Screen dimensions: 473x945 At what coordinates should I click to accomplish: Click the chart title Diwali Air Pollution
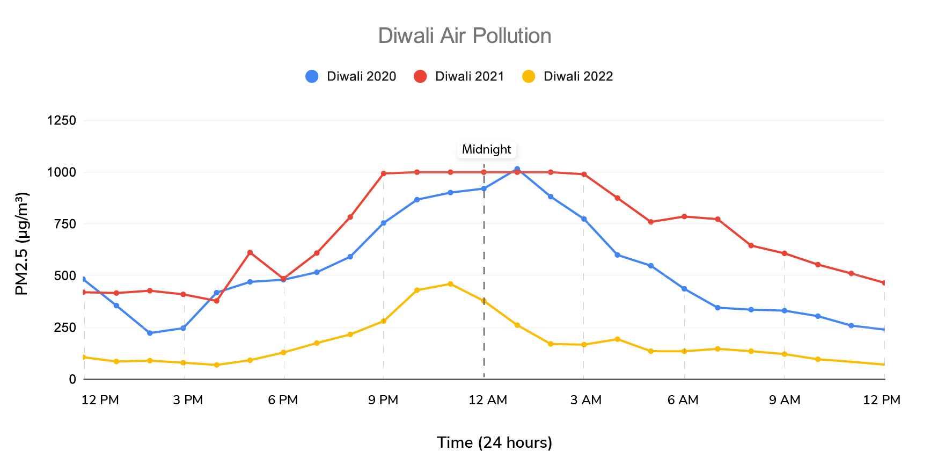click(x=464, y=36)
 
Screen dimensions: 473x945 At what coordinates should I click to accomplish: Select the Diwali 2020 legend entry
click(x=351, y=76)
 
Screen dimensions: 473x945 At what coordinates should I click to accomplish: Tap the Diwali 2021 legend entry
click(x=459, y=76)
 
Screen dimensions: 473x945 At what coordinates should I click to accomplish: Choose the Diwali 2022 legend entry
click(x=568, y=76)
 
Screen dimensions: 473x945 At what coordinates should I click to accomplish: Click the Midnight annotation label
click(x=486, y=149)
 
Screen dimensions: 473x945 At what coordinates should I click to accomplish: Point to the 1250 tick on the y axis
click(x=62, y=120)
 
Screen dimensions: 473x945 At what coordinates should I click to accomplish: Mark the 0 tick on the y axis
click(x=72, y=379)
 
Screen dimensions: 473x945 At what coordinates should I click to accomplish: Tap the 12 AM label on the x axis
click(x=487, y=400)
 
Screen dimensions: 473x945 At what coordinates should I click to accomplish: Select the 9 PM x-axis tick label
click(x=383, y=400)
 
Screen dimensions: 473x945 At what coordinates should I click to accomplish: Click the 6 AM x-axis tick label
click(x=683, y=400)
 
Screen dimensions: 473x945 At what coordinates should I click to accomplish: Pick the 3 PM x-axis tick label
click(x=188, y=400)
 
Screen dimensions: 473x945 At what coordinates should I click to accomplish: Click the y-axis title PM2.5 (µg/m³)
click(x=21, y=244)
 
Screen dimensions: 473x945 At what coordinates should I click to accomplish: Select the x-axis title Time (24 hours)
click(x=494, y=442)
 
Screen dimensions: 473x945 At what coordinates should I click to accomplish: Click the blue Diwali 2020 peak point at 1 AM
click(x=517, y=169)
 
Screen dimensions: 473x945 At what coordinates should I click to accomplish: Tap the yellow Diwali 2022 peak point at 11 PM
click(x=450, y=284)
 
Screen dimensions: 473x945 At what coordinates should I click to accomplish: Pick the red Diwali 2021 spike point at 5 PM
click(x=250, y=252)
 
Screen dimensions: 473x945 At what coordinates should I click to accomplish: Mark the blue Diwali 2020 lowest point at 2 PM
click(x=150, y=333)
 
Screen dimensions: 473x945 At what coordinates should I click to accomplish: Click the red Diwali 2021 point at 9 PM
click(x=383, y=173)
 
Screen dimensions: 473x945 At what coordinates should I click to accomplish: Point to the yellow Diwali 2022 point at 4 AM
click(x=617, y=339)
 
